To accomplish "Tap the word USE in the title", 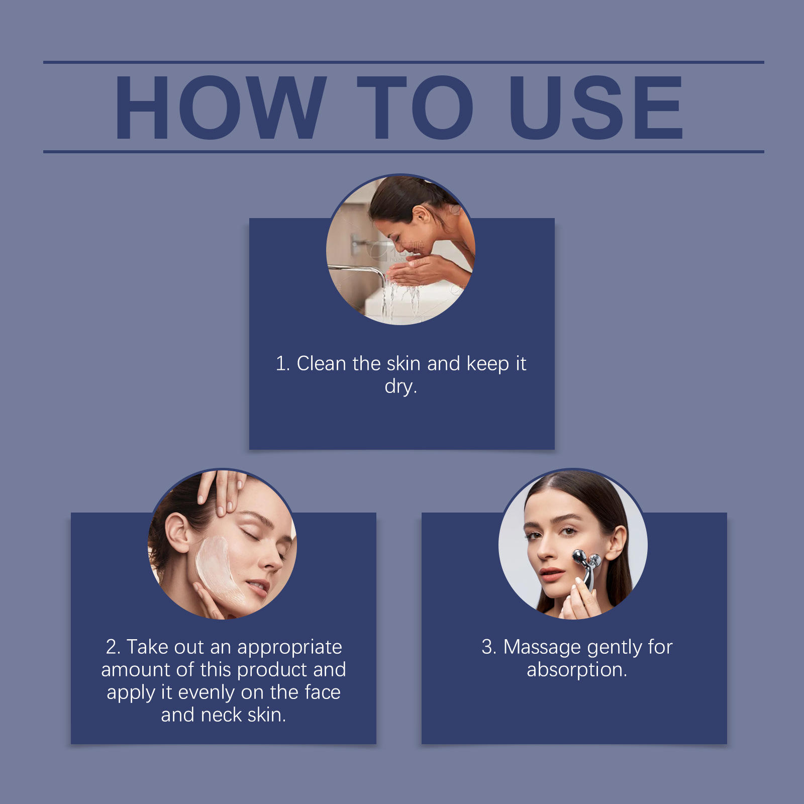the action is click(596, 108).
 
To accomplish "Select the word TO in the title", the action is click(415, 108).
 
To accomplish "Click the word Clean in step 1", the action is click(322, 363).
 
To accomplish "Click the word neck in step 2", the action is click(221, 715).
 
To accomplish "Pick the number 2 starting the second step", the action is click(112, 647).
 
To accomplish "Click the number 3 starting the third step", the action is click(487, 647).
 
